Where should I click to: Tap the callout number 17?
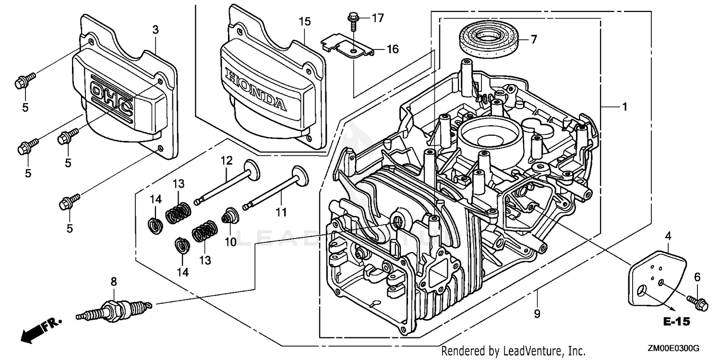(x=378, y=18)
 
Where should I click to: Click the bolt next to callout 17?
(x=352, y=19)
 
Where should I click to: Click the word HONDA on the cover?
(x=254, y=89)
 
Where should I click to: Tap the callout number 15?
(x=305, y=22)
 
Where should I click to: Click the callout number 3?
(x=155, y=30)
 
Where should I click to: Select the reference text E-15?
(x=677, y=322)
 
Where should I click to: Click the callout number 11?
(x=281, y=211)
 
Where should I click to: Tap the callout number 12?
(x=227, y=160)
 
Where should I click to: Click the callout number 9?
(x=537, y=314)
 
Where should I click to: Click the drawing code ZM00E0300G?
(x=674, y=348)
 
